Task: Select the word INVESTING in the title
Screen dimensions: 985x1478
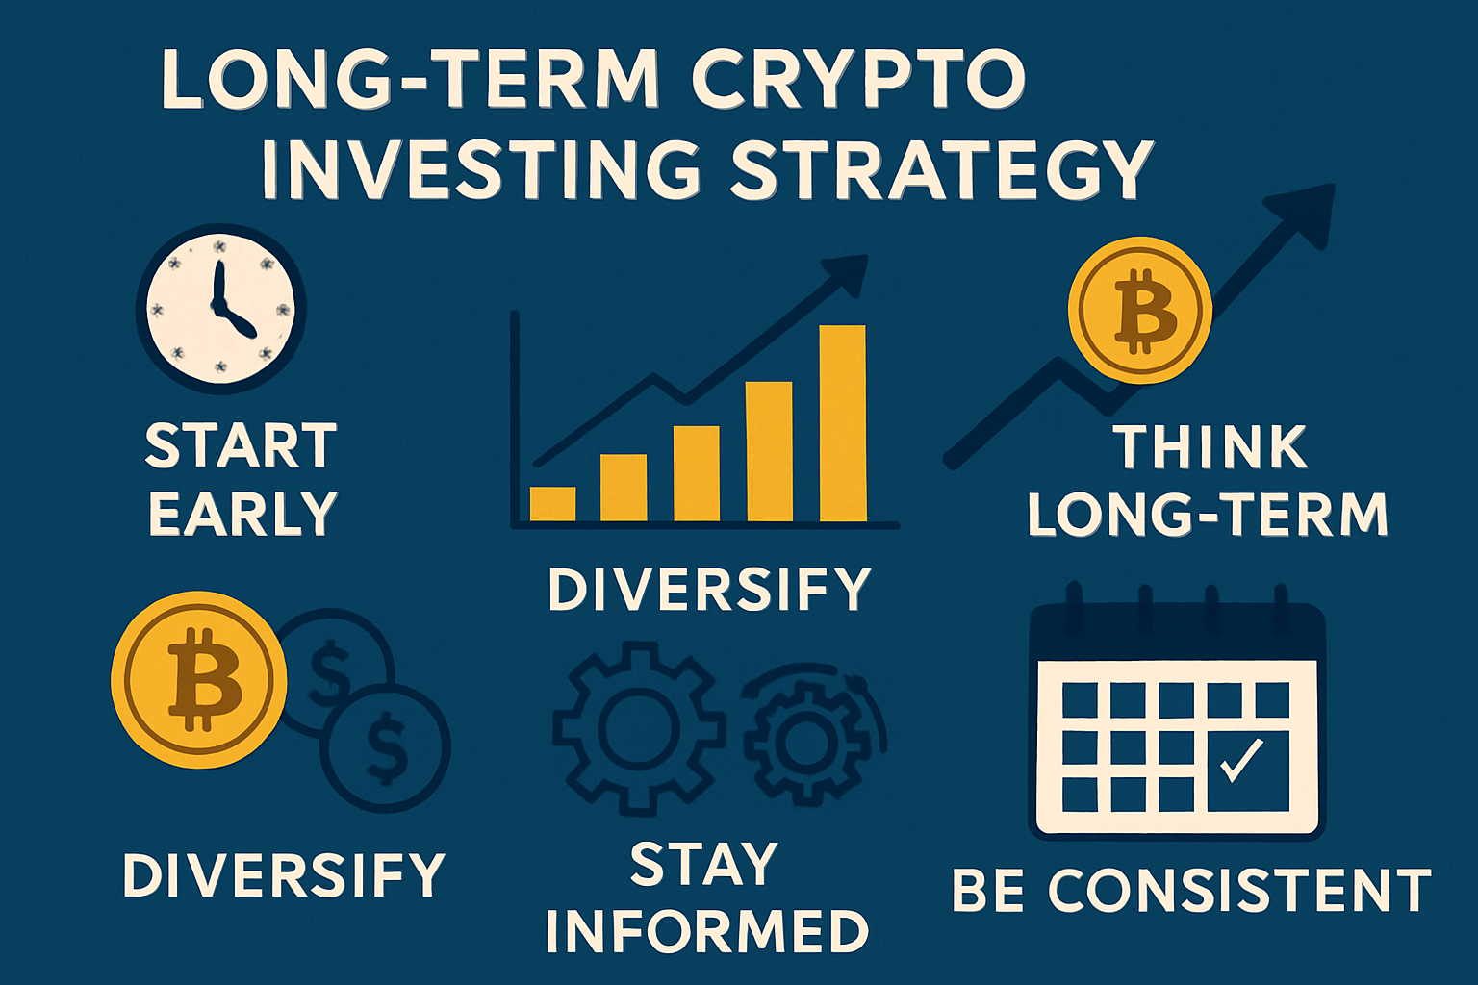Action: [481, 169]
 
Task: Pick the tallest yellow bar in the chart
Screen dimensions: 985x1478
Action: [842, 423]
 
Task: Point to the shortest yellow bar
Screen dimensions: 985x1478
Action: [552, 503]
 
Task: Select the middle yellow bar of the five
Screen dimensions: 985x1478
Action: [696, 472]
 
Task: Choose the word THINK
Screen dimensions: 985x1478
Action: [1210, 448]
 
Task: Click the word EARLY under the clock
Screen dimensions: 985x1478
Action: [242, 514]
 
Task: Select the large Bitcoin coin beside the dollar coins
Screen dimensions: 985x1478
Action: [200, 679]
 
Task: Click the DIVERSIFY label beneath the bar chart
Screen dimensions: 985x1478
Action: [709, 589]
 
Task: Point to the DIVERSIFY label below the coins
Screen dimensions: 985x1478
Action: [284, 875]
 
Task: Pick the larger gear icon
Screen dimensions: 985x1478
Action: [638, 728]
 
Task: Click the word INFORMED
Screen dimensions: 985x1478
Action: [707, 931]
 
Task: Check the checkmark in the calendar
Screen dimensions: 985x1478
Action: [1241, 760]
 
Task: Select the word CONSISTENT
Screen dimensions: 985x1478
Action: [1239, 891]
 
